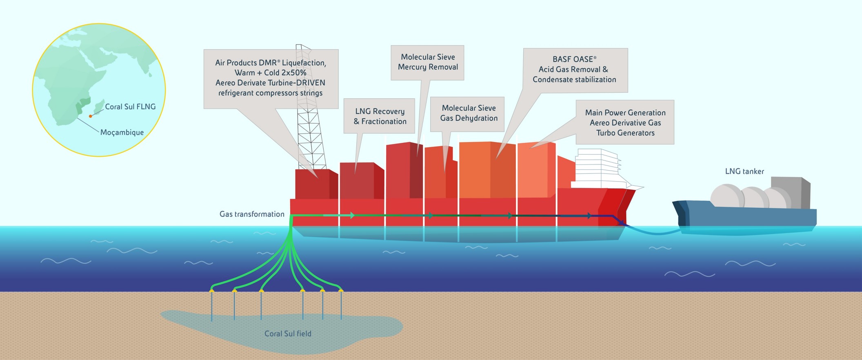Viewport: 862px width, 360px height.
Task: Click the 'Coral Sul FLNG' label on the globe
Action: click(x=130, y=107)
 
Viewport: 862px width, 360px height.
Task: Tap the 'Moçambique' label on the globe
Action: click(x=122, y=132)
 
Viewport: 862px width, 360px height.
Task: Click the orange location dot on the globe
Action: click(x=91, y=116)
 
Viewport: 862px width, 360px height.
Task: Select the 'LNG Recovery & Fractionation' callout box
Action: click(x=380, y=116)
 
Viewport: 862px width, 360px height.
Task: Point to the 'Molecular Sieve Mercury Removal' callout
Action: click(x=427, y=62)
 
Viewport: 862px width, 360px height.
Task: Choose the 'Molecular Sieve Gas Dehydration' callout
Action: click(x=468, y=113)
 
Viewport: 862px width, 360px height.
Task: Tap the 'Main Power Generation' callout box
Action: click(x=625, y=122)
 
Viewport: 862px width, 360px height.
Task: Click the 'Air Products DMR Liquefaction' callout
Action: click(x=271, y=78)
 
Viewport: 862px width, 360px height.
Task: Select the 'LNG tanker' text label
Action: click(x=744, y=171)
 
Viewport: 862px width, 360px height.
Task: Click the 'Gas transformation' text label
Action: click(x=252, y=214)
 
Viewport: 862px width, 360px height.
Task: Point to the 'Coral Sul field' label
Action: click(x=288, y=333)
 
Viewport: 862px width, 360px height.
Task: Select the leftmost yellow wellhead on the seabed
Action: click(x=211, y=291)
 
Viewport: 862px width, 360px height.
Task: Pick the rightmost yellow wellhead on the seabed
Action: click(x=341, y=291)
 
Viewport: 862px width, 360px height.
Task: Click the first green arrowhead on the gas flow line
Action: click(x=352, y=215)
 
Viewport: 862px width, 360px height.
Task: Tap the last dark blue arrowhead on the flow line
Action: click(x=589, y=216)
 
